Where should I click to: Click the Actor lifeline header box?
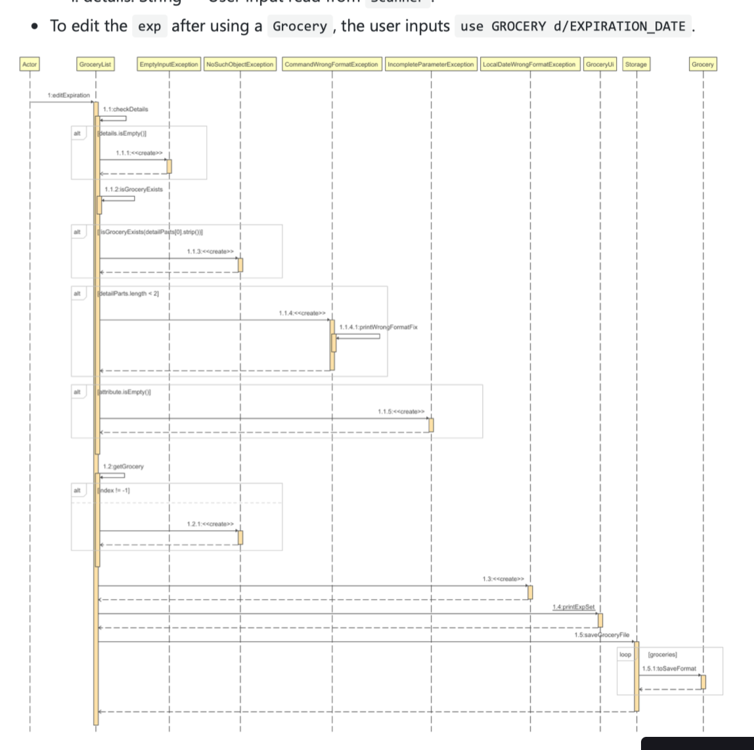30,64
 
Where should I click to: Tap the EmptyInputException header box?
169,64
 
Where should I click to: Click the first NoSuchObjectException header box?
240,64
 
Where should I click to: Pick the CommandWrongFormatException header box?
332,64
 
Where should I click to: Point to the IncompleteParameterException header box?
431,64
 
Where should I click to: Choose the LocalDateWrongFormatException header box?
530,64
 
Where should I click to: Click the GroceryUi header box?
600,64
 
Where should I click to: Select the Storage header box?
636,64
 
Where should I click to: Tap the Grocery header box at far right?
703,64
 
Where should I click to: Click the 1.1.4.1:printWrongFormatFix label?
378,327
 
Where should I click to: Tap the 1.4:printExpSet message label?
573,607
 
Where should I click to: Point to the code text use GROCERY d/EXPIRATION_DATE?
572,27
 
